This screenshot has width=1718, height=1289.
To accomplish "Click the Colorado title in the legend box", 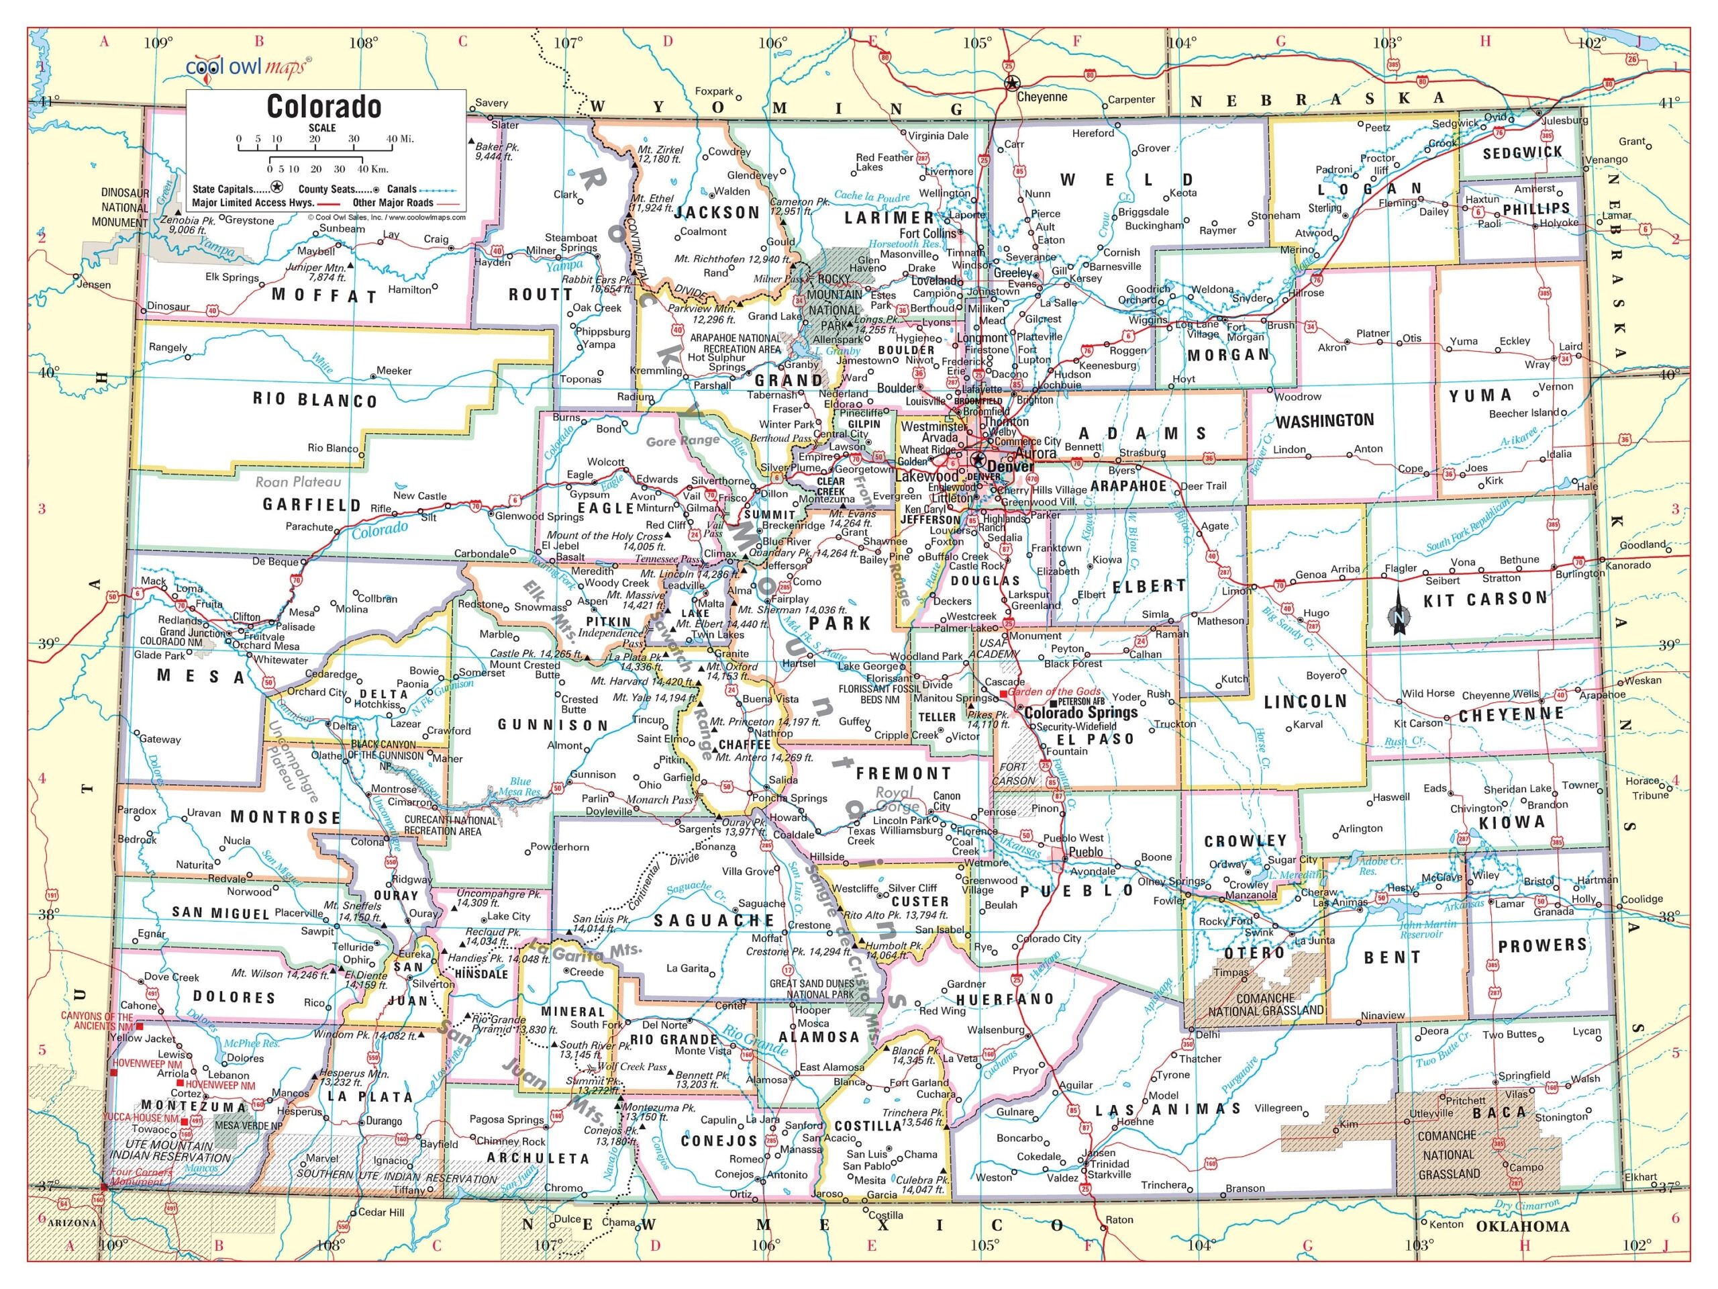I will pyautogui.click(x=324, y=107).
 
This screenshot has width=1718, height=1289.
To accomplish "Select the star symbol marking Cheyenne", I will pyautogui.click(x=1011, y=84).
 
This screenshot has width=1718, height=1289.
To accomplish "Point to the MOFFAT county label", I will pyautogui.click(x=325, y=296).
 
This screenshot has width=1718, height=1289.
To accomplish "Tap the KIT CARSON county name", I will pyautogui.click(x=1485, y=599).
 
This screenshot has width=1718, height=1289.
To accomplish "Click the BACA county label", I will pyautogui.click(x=1501, y=1112).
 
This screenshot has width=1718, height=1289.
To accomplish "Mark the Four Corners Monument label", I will pyautogui.click(x=138, y=1177).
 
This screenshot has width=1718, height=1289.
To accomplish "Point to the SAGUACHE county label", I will pyautogui.click(x=714, y=920).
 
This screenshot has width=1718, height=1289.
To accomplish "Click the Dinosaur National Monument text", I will pyautogui.click(x=124, y=207).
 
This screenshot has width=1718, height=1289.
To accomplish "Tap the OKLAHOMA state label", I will pyautogui.click(x=1521, y=1227).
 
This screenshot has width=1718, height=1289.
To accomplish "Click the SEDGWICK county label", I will pyautogui.click(x=1522, y=153).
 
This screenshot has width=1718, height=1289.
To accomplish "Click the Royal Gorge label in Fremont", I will pyautogui.click(x=897, y=800).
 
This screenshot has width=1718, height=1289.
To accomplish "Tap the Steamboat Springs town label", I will pyautogui.click(x=571, y=242).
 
